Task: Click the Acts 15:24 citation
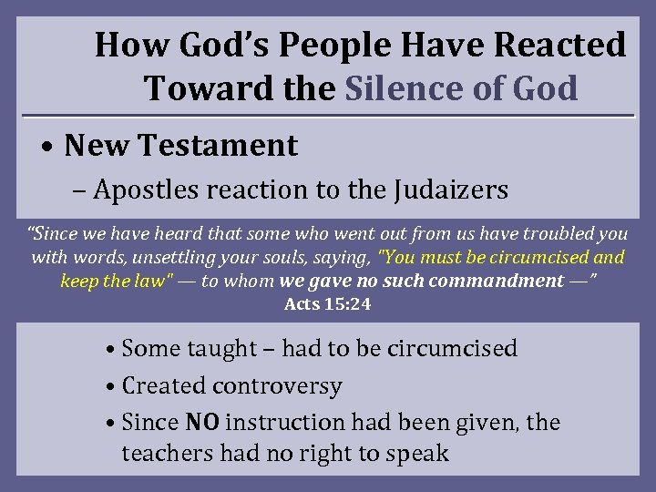tap(328, 304)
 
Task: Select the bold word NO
tap(202, 423)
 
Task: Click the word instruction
tap(285, 423)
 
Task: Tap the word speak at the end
tap(418, 453)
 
